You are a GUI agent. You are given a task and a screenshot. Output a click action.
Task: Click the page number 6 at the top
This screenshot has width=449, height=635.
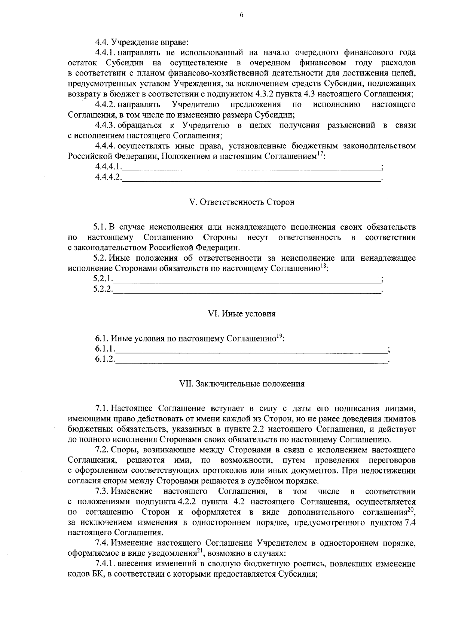click(241, 15)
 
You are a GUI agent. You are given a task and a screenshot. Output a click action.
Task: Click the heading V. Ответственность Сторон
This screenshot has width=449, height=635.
click(242, 202)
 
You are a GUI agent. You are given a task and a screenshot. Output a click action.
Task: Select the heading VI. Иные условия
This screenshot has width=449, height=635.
click(241, 314)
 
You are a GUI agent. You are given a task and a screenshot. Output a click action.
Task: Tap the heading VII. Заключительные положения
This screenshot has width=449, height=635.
click(241, 384)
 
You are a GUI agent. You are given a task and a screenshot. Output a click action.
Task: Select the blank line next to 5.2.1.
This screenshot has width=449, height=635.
click(247, 279)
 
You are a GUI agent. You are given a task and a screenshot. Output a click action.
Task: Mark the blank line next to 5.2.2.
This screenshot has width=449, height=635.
click(247, 289)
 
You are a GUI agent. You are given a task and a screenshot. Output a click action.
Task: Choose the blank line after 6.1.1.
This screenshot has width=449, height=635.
click(251, 349)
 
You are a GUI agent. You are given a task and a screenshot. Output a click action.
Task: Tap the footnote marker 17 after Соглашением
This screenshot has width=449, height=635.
click(320, 154)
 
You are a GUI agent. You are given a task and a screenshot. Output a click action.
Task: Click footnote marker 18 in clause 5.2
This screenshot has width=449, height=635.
click(323, 266)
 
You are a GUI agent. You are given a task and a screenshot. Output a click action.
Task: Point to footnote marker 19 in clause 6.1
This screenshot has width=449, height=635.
click(279, 337)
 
